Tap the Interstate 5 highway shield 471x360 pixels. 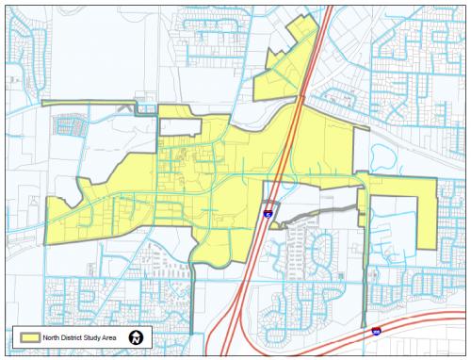tap(268, 215)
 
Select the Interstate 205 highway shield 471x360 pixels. tap(377, 332)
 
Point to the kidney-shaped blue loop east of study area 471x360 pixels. tap(389, 155)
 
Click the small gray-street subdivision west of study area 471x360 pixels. tap(69, 126)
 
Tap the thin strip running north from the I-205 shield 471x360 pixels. tap(365, 273)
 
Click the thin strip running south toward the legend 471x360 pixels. tap(191, 302)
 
